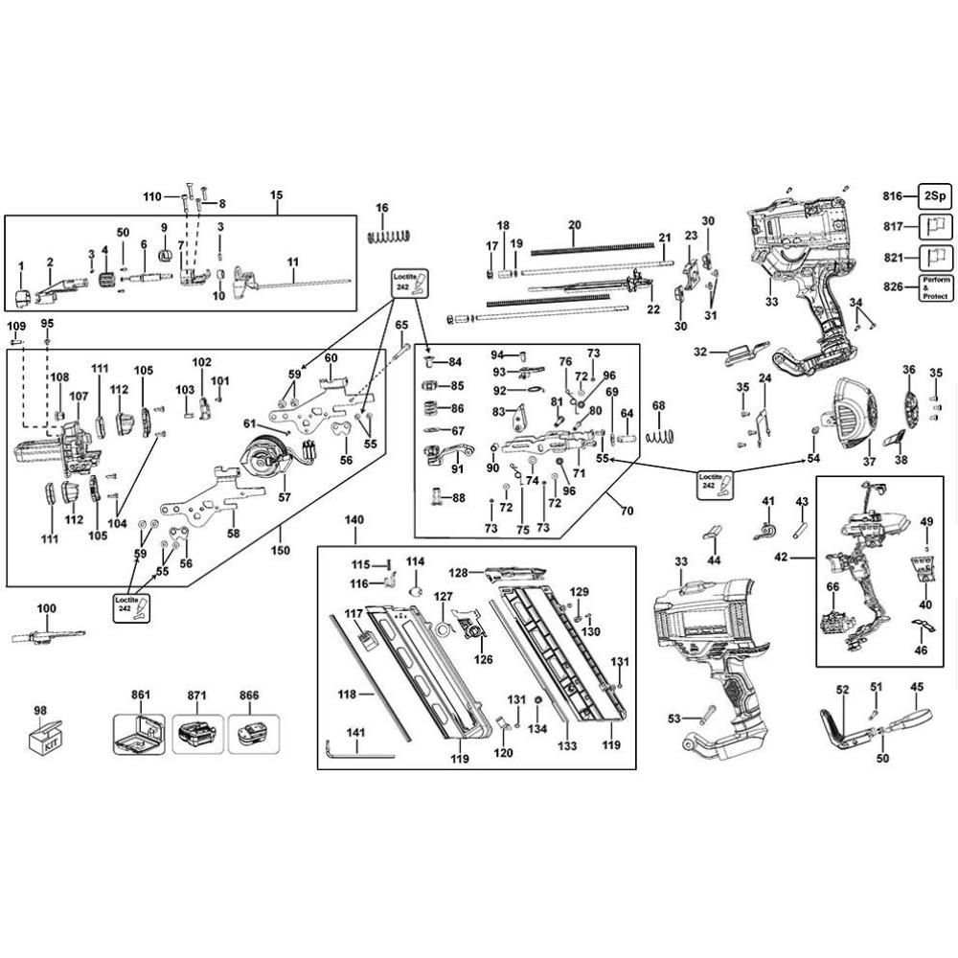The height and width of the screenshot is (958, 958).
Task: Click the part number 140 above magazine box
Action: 354,519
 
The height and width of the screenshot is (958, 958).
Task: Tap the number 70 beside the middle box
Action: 627,511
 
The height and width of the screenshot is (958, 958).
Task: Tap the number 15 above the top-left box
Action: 277,195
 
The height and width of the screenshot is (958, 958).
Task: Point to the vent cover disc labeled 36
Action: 910,403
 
